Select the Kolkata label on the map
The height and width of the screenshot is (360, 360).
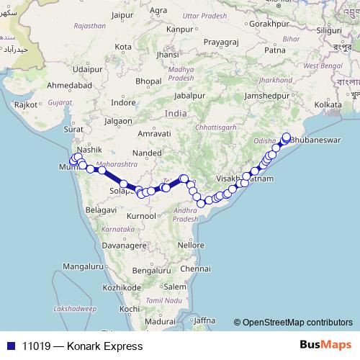click(328, 104)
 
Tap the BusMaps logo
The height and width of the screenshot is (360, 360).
click(327, 346)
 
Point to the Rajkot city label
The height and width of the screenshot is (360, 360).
click(27, 104)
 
